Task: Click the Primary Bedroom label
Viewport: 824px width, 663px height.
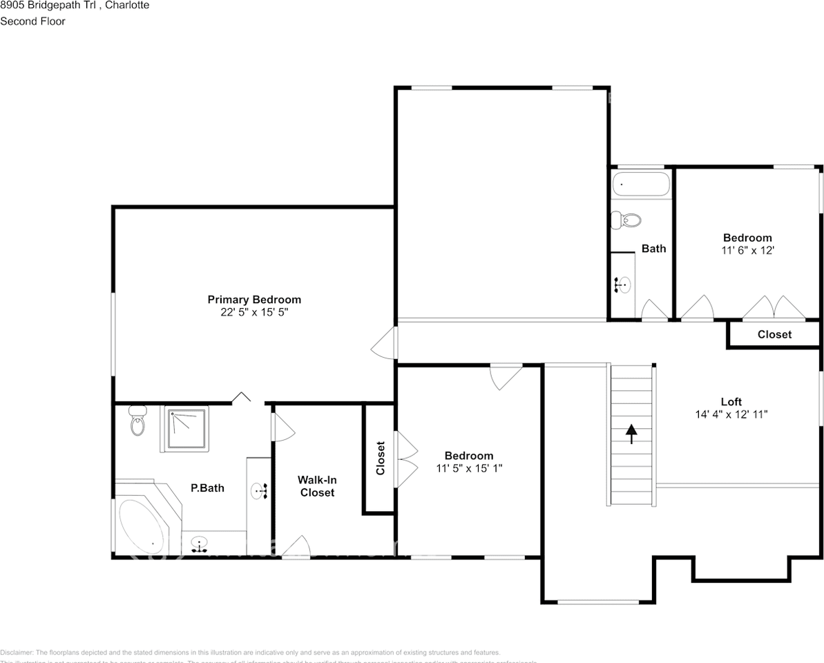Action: [254, 300]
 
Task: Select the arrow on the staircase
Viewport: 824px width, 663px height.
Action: [631, 434]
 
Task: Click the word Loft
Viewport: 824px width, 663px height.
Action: [731, 402]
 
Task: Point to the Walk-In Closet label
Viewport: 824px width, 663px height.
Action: [316, 486]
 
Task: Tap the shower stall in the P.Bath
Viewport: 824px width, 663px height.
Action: [185, 429]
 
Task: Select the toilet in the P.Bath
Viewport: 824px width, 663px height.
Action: [137, 421]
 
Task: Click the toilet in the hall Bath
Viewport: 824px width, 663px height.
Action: [626, 220]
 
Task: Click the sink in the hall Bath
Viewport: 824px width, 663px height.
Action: [623, 284]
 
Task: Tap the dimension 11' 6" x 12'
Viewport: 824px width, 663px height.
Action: [747, 251]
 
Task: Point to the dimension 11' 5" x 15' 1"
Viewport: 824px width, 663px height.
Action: [469, 468]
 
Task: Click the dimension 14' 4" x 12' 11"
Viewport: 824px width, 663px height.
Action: [731, 414]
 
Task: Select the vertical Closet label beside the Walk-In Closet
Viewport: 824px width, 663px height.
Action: [380, 459]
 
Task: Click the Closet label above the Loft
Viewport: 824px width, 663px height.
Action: [774, 334]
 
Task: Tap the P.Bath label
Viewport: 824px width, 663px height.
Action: [207, 488]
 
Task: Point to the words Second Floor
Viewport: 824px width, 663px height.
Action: [32, 21]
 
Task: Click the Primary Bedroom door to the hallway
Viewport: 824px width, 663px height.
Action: [386, 343]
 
